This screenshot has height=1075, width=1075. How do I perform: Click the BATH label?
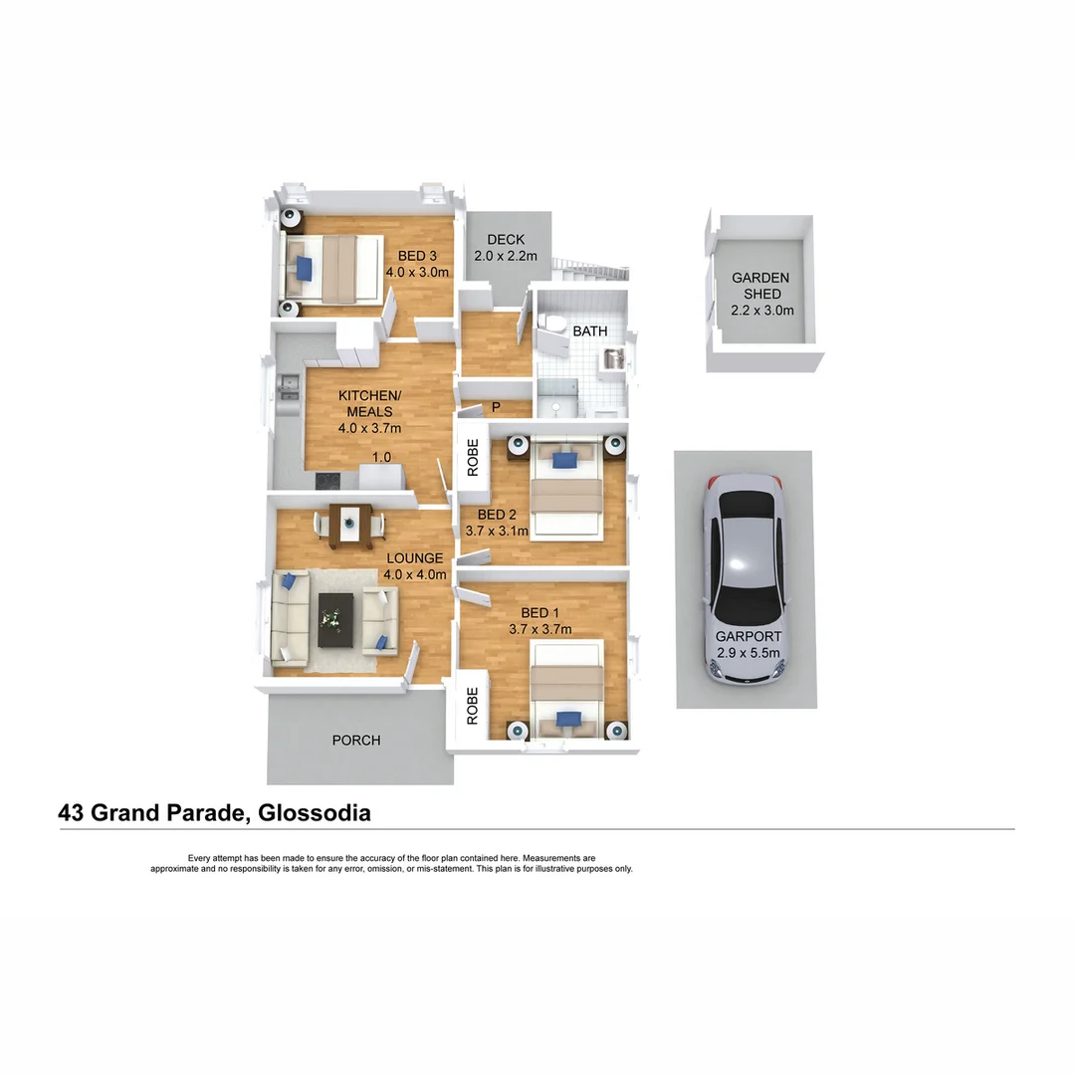point(589,330)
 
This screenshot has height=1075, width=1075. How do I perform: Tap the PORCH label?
point(355,741)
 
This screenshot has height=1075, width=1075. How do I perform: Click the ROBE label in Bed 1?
point(473,705)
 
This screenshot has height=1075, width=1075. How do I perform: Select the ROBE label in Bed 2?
point(474,457)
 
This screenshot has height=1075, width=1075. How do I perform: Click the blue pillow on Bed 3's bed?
point(303,267)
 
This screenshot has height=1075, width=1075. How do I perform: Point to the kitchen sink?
point(287,389)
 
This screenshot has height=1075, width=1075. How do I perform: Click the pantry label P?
point(496,407)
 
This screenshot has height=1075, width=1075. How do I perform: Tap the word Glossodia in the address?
point(314,813)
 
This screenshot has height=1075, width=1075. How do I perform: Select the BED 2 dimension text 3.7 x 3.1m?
point(498,532)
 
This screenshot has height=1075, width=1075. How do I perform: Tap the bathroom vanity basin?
point(614,358)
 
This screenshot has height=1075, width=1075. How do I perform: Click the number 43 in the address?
point(72,813)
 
